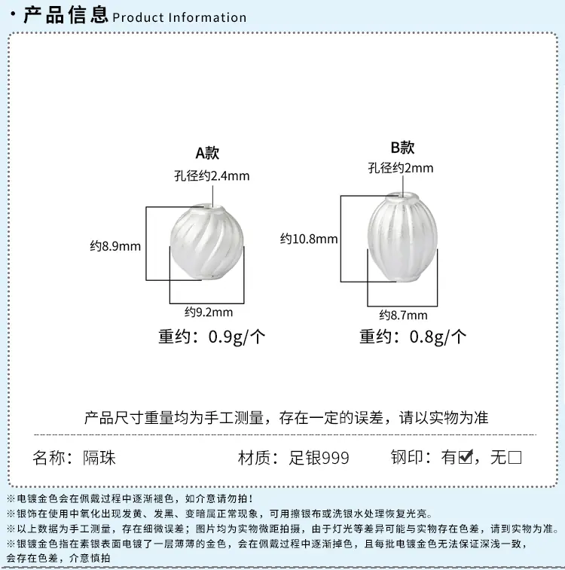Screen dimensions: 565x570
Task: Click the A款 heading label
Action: coord(207,153)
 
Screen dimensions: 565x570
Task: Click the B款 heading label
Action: coord(402,148)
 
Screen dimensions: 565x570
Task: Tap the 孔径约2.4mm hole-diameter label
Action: coord(212,176)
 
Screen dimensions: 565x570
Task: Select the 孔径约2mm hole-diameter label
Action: coord(401,168)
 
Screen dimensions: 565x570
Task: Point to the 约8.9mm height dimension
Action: coord(115,246)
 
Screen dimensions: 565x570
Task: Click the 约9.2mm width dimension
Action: coord(209,312)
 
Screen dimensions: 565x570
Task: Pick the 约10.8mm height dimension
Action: coord(309,239)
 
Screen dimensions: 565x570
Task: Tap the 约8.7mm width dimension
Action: coord(403,315)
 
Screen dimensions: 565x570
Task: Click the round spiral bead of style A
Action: coord(206,242)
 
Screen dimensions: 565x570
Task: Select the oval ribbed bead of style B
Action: coord(402,237)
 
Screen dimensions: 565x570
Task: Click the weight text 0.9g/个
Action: coord(237,337)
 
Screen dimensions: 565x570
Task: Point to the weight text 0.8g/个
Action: coord(438,337)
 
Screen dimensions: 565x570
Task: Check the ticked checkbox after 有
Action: coord(466,457)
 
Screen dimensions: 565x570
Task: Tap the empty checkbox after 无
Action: coord(515,457)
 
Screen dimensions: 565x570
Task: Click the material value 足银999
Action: coord(319,458)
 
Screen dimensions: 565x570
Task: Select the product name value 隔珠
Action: coord(99,458)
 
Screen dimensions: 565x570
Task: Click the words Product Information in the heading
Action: coord(179,17)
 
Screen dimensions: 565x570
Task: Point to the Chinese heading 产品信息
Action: coord(66,14)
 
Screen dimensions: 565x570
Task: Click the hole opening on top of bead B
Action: coord(403,197)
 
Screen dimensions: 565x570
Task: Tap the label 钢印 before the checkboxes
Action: coord(407,457)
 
